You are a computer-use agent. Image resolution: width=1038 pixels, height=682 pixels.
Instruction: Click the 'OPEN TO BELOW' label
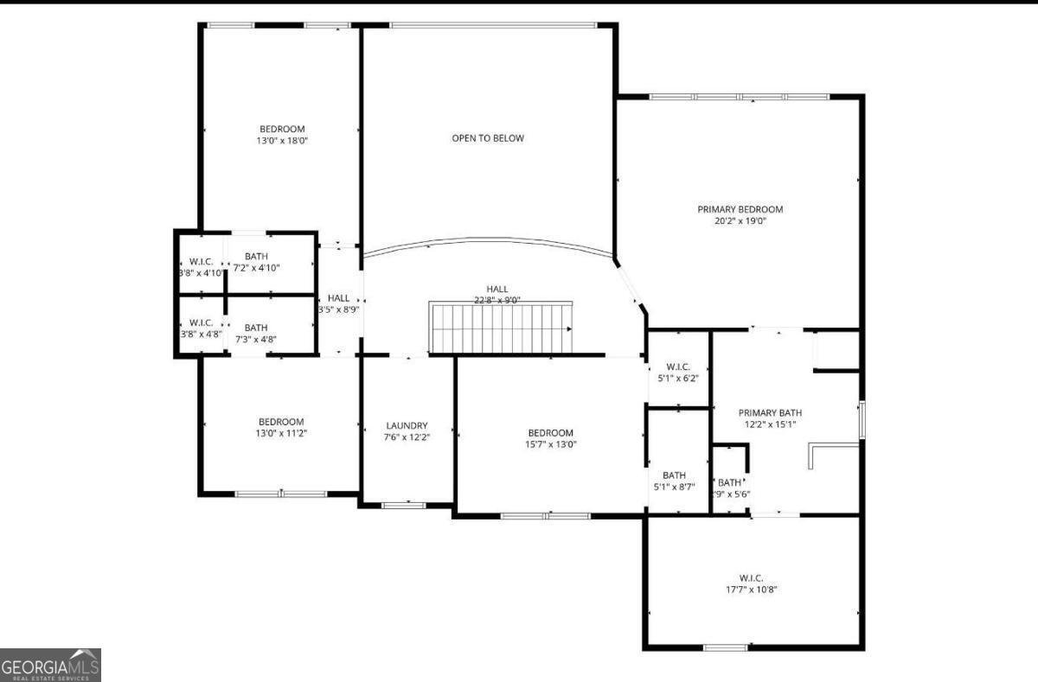point(487,138)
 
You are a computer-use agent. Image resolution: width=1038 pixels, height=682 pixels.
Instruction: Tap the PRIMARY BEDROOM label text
point(740,209)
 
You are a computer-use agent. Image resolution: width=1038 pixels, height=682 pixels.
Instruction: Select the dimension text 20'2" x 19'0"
point(740,221)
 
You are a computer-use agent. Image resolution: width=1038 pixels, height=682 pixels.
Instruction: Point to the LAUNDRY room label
point(407,425)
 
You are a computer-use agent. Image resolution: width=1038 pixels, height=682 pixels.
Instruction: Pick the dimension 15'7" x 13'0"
point(550,444)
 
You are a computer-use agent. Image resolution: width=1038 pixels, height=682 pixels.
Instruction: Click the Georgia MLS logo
point(50,665)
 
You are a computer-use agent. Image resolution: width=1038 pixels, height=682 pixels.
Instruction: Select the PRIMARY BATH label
point(769,412)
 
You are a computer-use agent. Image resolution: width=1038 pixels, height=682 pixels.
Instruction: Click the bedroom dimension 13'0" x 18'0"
point(282,141)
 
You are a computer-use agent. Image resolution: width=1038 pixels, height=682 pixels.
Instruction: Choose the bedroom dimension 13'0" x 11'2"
point(281,433)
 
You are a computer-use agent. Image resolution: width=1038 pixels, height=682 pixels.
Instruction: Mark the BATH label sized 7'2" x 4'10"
point(256,256)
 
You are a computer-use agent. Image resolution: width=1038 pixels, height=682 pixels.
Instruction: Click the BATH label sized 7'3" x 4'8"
point(256,328)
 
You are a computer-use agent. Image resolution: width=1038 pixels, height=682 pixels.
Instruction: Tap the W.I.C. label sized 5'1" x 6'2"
point(677,366)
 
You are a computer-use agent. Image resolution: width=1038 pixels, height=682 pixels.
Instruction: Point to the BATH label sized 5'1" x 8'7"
point(674,475)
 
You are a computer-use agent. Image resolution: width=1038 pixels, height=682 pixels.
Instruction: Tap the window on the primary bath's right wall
point(861,420)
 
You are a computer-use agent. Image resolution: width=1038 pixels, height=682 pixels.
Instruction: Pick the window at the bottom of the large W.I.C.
point(725,647)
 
